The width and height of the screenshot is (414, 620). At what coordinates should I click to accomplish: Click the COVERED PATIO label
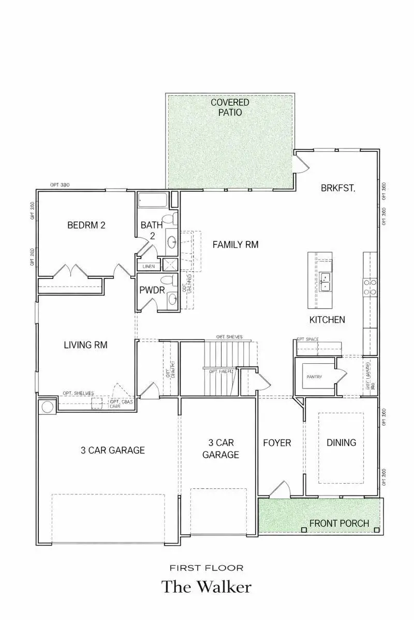pos(230,107)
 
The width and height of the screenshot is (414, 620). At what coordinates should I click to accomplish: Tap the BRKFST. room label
pos(338,189)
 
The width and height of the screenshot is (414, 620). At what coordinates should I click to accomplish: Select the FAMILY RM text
pos(235,244)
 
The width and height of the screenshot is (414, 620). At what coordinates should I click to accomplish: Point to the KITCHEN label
pos(327,320)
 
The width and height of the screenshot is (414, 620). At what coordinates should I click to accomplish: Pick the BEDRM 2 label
pos(86,225)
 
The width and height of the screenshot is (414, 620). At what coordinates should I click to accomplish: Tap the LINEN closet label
pos(148,266)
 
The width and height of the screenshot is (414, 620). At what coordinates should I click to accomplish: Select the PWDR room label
pos(152,290)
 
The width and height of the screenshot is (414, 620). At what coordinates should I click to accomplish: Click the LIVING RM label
pos(86,345)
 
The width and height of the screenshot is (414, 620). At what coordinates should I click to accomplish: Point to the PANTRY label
pos(314,377)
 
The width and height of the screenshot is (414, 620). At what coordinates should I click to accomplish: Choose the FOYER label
pos(277,443)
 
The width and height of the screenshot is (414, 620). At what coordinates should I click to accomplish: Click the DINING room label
pos(341,443)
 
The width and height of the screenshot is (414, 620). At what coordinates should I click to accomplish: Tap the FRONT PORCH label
pos(339,523)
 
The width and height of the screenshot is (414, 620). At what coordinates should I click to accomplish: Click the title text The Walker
pos(206,587)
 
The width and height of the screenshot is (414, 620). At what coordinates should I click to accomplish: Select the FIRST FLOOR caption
pos(206,567)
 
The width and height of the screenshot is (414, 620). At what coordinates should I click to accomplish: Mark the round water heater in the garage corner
pos(48,407)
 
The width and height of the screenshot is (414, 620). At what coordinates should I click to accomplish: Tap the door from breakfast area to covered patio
pos(301,163)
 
